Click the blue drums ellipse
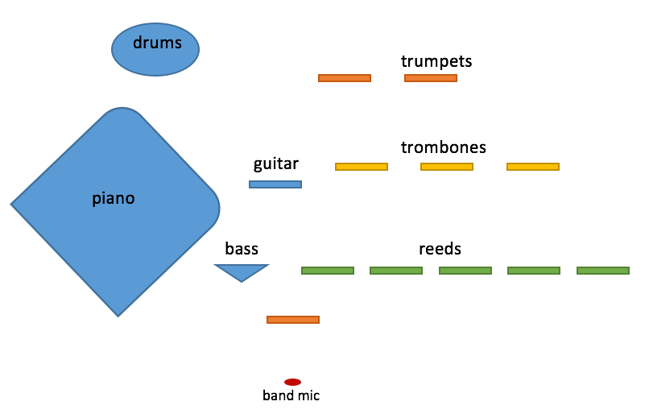[x=155, y=49]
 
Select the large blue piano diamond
[x=114, y=211]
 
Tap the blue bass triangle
[x=241, y=271]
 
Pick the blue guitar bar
[x=275, y=184]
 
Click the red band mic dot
[x=292, y=382]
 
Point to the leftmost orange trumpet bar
[x=345, y=78]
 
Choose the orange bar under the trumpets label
[x=431, y=78]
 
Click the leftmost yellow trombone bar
[x=362, y=167]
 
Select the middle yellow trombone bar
[x=447, y=167]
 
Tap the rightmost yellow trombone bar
[x=533, y=167]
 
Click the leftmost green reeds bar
[x=328, y=271]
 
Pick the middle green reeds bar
[x=465, y=271]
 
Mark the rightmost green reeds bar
[x=603, y=271]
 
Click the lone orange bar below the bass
[x=293, y=320]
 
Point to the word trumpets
[x=436, y=61]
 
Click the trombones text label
[x=444, y=147]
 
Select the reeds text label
[x=440, y=249]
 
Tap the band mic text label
[x=291, y=395]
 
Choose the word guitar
[x=276, y=164]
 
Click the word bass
[x=242, y=249]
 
